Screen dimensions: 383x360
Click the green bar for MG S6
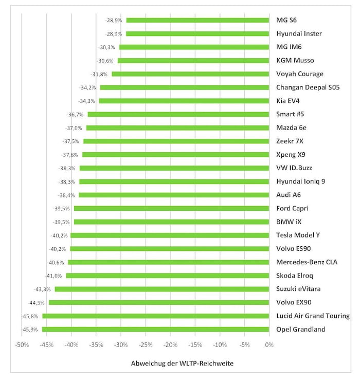point(197,21)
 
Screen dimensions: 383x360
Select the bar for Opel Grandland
point(155,329)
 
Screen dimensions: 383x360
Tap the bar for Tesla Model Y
point(170,235)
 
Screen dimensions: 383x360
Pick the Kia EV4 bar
point(184,101)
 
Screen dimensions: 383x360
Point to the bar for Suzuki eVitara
point(162,289)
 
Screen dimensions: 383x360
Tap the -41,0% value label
point(56,276)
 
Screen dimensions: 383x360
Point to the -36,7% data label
point(75,114)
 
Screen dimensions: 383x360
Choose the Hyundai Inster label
point(299,34)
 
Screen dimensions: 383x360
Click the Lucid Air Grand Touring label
point(313,316)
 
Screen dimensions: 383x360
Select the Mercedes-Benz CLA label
point(307,262)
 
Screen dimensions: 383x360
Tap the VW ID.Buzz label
point(294,168)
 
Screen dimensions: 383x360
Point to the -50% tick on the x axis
point(22,345)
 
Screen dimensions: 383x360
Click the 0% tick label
point(269,345)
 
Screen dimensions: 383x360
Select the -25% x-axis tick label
point(146,345)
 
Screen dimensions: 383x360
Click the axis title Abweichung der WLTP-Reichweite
point(182,363)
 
